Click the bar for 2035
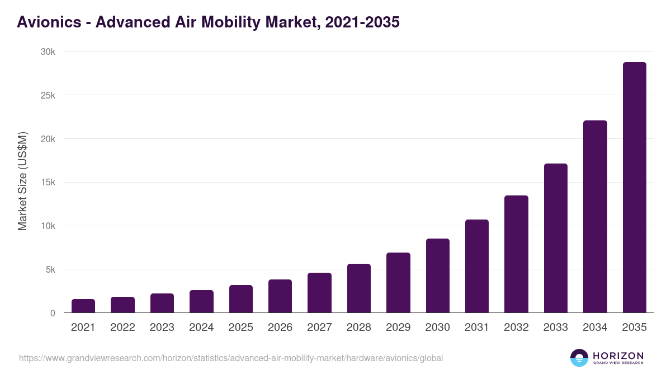[x=634, y=188]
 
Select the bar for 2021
[x=83, y=306]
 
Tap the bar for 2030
[x=437, y=276]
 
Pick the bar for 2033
[x=555, y=238]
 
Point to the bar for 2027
[x=319, y=293]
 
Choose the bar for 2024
[x=201, y=301]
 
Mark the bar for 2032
[x=516, y=254]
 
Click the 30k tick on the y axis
[x=48, y=52]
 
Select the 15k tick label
[x=48, y=183]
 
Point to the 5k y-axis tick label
[x=50, y=269]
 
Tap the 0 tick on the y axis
[x=53, y=313]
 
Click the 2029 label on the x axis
[x=398, y=328]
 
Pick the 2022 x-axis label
[x=122, y=328]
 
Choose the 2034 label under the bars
[x=595, y=328]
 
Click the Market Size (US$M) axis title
[x=22, y=181]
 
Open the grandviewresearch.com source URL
[x=231, y=358]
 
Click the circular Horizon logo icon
[x=579, y=358]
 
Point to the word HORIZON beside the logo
[x=618, y=356]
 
